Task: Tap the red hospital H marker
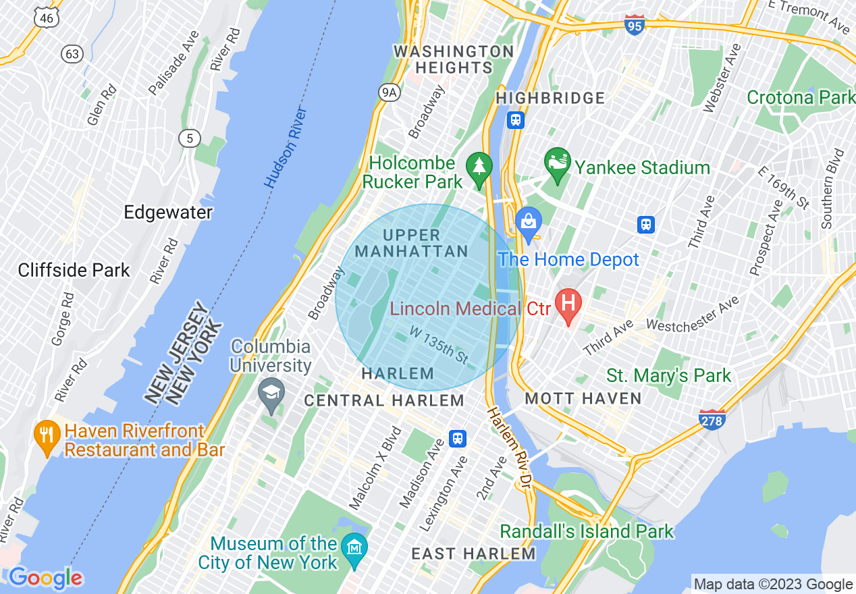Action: pyautogui.click(x=568, y=305)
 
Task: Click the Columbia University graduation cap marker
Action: pyautogui.click(x=271, y=394)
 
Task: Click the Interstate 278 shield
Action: pyautogui.click(x=712, y=419)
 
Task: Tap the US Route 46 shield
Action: pyautogui.click(x=46, y=18)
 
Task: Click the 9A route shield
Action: pyautogui.click(x=388, y=93)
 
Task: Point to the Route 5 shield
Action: pyautogui.click(x=190, y=138)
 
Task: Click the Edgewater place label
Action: pyautogui.click(x=168, y=212)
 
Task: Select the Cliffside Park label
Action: pyautogui.click(x=74, y=271)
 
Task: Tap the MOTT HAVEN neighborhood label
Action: pyautogui.click(x=583, y=398)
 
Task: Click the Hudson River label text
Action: pyautogui.click(x=286, y=148)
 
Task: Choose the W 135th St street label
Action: pyautogui.click(x=439, y=344)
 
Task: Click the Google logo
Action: pyautogui.click(x=46, y=578)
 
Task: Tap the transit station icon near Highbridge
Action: pyautogui.click(x=516, y=120)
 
